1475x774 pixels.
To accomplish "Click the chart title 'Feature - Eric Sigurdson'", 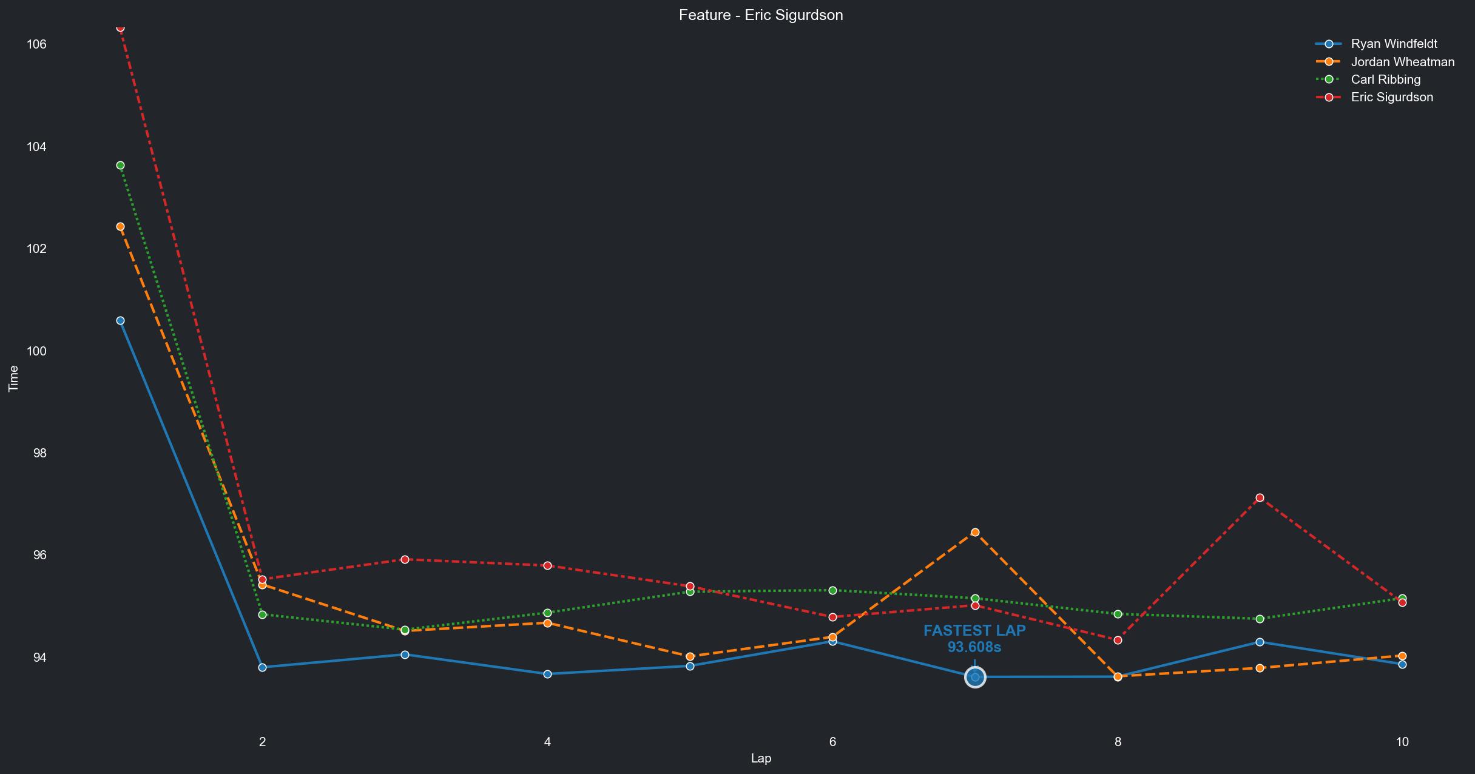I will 761,15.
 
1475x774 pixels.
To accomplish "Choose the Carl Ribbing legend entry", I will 1385,79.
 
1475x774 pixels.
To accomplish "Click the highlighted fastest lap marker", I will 975,677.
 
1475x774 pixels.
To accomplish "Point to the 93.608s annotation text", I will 974,648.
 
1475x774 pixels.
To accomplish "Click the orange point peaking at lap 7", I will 975,533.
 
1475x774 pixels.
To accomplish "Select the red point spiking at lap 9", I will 1260,498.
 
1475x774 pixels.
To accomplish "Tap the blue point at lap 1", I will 120,321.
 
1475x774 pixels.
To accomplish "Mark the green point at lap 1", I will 120,166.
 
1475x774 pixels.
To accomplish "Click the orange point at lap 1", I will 120,227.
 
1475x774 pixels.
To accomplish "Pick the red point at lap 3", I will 405,560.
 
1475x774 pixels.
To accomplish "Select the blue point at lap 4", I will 547,674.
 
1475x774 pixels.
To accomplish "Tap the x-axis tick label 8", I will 1118,741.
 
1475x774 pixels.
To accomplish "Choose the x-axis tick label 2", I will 262,741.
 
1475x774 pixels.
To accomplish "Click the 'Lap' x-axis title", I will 761,758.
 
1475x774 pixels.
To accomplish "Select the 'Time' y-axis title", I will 13,379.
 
